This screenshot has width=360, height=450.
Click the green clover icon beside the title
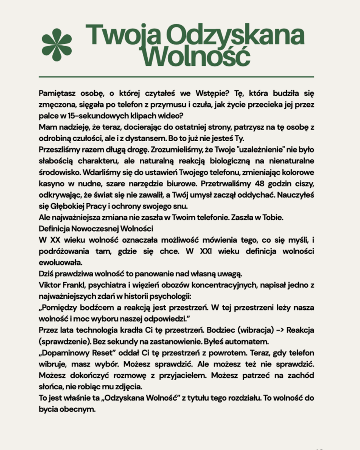[x=57, y=44]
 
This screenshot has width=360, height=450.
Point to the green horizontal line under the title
[x=176, y=77]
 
